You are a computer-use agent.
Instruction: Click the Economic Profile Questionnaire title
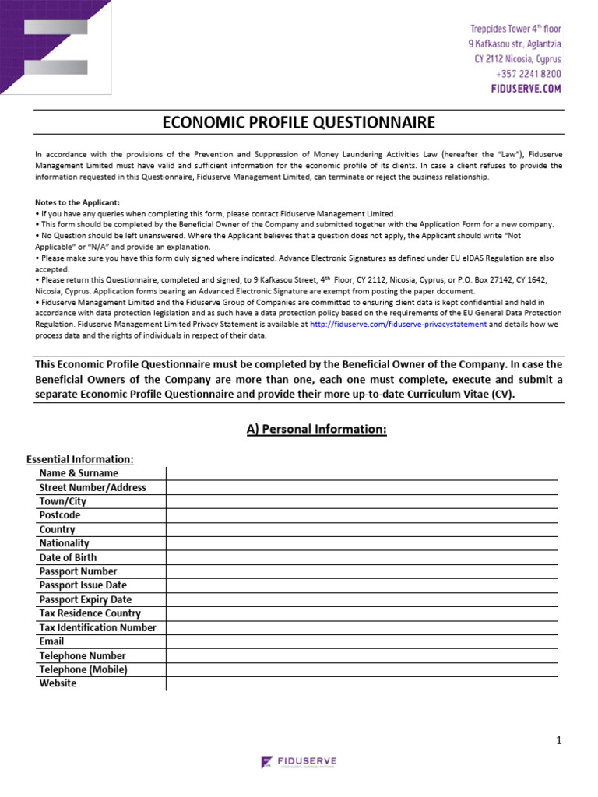pos(298,123)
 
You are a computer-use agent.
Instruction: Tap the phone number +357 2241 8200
pos(528,74)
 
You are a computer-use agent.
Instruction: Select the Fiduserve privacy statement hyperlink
pos(398,325)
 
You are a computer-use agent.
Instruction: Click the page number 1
pos(558,740)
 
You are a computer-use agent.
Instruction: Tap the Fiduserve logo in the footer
pos(298,762)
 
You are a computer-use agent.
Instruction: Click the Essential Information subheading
pos(80,459)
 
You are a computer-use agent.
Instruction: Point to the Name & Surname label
pos(79,473)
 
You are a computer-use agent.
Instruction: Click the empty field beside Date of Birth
pos(361,557)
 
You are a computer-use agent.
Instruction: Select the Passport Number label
pos(78,571)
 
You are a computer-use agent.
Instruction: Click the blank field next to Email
pos(361,641)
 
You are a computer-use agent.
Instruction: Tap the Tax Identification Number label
pos(97,627)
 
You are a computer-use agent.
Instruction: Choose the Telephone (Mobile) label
pos(83,669)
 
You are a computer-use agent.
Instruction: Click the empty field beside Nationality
pos(361,543)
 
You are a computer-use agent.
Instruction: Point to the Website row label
pos(58,683)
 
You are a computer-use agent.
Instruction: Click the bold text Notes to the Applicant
pos(78,202)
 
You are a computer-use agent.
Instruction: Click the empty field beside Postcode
pos(361,515)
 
